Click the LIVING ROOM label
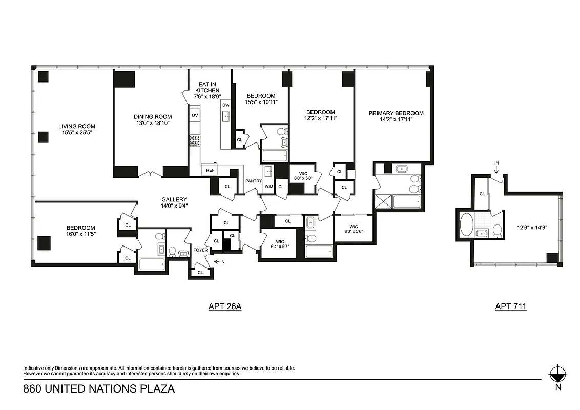(x=76, y=126)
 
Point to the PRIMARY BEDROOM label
(x=396, y=113)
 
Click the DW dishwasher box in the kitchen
(x=226, y=105)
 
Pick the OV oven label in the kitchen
(x=194, y=115)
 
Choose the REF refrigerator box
(x=210, y=170)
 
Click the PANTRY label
(x=253, y=181)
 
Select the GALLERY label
(x=174, y=199)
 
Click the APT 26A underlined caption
(x=224, y=306)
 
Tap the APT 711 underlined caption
(x=510, y=306)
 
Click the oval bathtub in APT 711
(x=467, y=224)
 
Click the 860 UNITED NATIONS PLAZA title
(x=99, y=389)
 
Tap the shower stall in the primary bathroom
(x=383, y=201)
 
